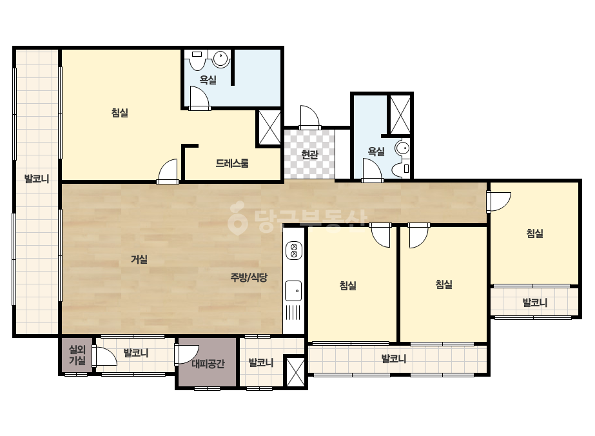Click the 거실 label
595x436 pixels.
139,259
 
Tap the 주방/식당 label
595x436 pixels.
249,277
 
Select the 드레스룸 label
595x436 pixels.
232,163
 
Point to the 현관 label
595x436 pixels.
309,155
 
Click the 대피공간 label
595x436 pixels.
208,364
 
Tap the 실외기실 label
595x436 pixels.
77,355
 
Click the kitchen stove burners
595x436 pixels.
294,250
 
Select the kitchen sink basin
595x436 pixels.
293,292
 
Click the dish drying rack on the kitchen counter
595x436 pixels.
293,313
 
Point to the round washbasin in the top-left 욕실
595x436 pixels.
220,59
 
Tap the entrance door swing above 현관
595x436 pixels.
309,117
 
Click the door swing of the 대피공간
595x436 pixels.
186,354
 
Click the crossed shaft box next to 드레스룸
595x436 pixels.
270,127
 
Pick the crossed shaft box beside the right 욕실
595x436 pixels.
400,115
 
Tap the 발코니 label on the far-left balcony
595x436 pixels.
37,179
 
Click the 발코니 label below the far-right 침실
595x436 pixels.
535,302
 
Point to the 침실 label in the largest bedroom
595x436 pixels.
119,113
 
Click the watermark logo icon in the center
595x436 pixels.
237,217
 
